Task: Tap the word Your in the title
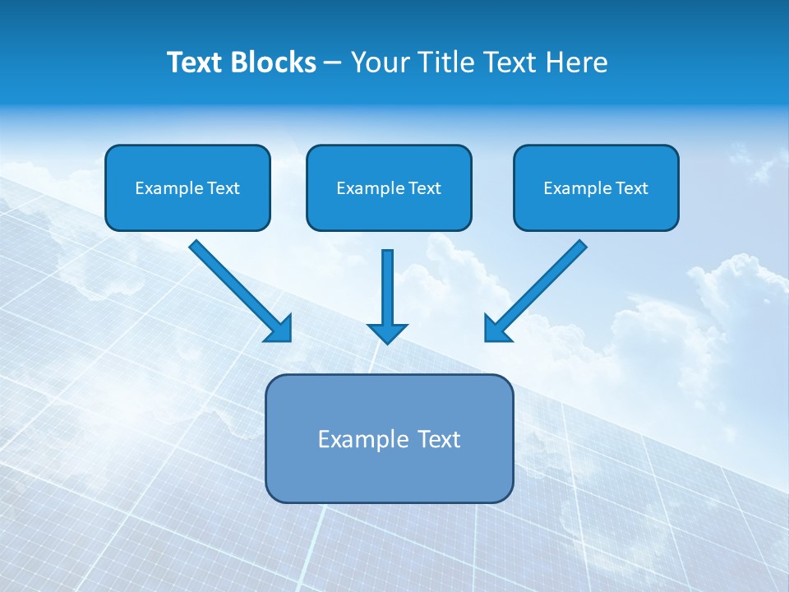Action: tap(380, 62)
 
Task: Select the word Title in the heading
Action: tap(445, 62)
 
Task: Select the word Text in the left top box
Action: tap(223, 188)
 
